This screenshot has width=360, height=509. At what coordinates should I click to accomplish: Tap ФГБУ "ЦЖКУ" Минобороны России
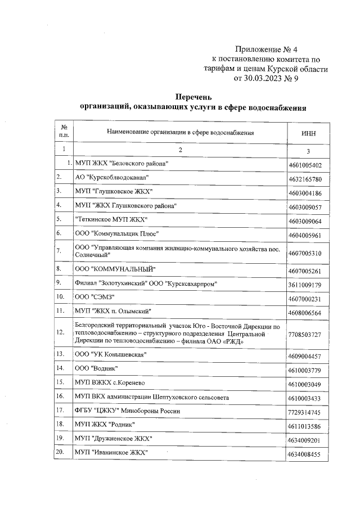point(128,411)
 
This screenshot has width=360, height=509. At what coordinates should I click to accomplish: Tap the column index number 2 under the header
point(181,150)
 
